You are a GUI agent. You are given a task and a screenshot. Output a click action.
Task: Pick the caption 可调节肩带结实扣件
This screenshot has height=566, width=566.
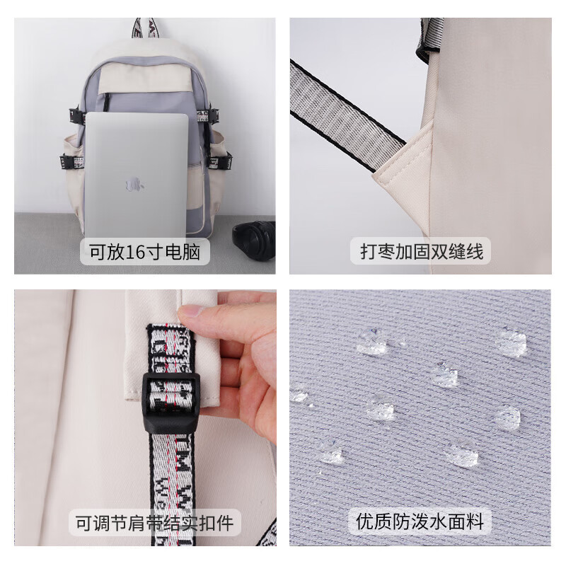click(x=155, y=524)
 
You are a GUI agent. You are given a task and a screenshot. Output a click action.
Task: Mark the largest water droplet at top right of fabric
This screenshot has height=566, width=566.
click(x=510, y=341)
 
